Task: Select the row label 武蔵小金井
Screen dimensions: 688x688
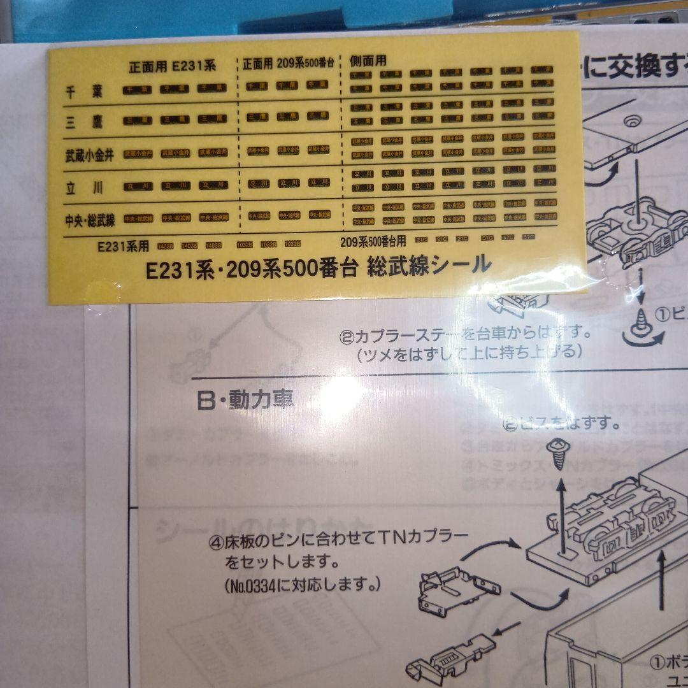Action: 89,155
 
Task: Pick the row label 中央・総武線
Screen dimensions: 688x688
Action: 90,220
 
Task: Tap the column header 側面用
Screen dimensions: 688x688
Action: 368,62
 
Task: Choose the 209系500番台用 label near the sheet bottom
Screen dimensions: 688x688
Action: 373,243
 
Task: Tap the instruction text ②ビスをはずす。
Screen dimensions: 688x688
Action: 553,424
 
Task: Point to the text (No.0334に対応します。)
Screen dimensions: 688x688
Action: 303,584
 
